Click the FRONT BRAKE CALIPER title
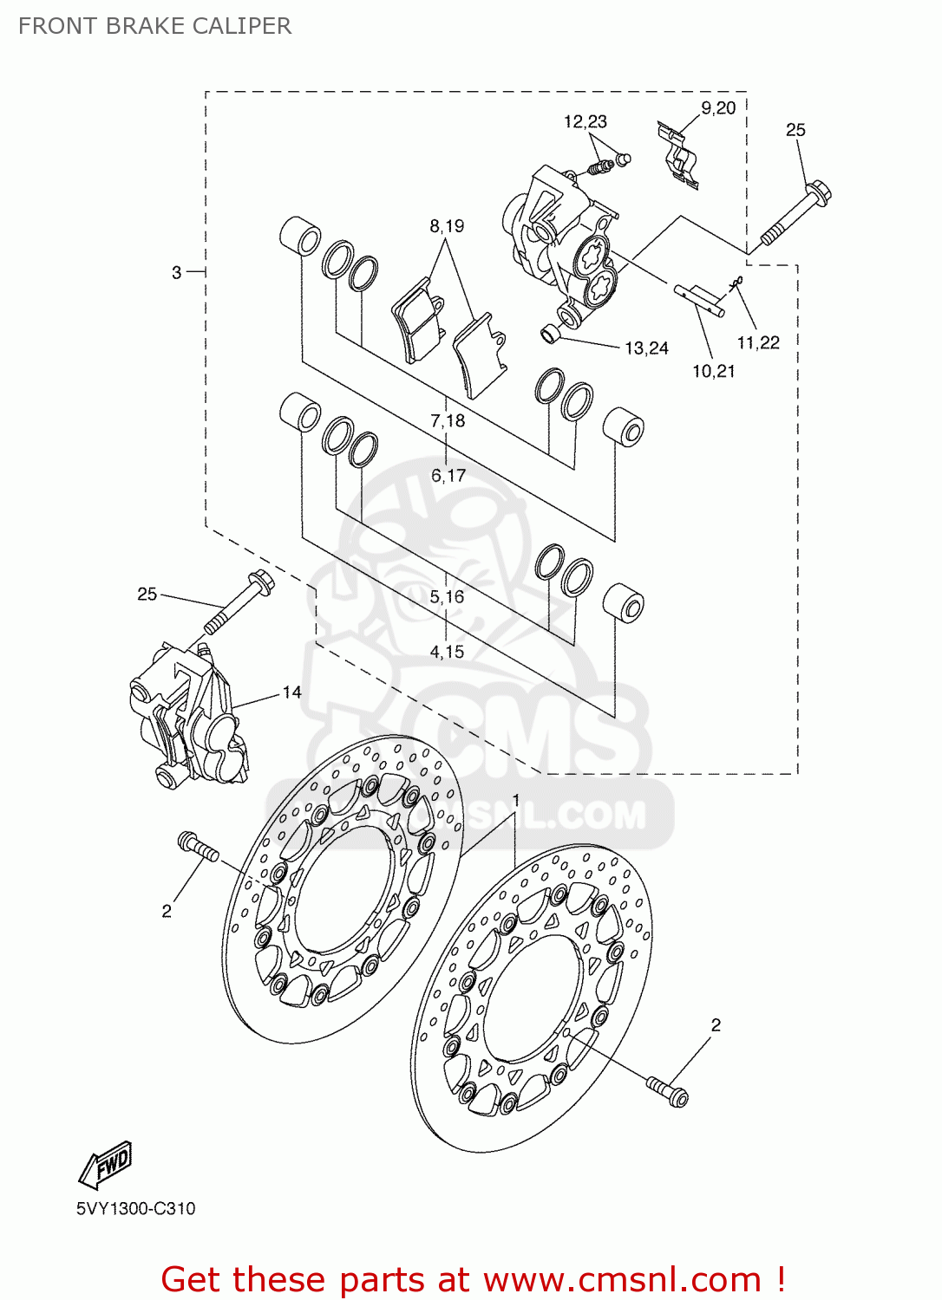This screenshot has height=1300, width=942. pos(154,26)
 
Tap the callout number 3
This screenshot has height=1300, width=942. pos(176,273)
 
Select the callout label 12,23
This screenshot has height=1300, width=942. pos(585,122)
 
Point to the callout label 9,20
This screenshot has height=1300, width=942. pos(718,108)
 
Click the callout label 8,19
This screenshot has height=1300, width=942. pos(447,226)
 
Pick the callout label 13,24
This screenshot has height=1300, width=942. pos(646,348)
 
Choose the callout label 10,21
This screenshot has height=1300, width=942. pos(713,372)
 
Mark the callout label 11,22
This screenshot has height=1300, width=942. pos(758,343)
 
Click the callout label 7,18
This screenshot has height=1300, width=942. pos(448,421)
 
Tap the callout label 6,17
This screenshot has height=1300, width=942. pos(448,476)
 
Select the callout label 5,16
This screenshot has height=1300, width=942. pos(447,597)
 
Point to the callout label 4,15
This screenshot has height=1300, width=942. pos(447,652)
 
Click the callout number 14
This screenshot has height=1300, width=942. pos(291,692)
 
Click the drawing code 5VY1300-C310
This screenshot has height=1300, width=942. pos(135,1209)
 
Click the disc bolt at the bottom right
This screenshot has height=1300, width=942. pos(667,1090)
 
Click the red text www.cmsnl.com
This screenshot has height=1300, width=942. pos(621,1280)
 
